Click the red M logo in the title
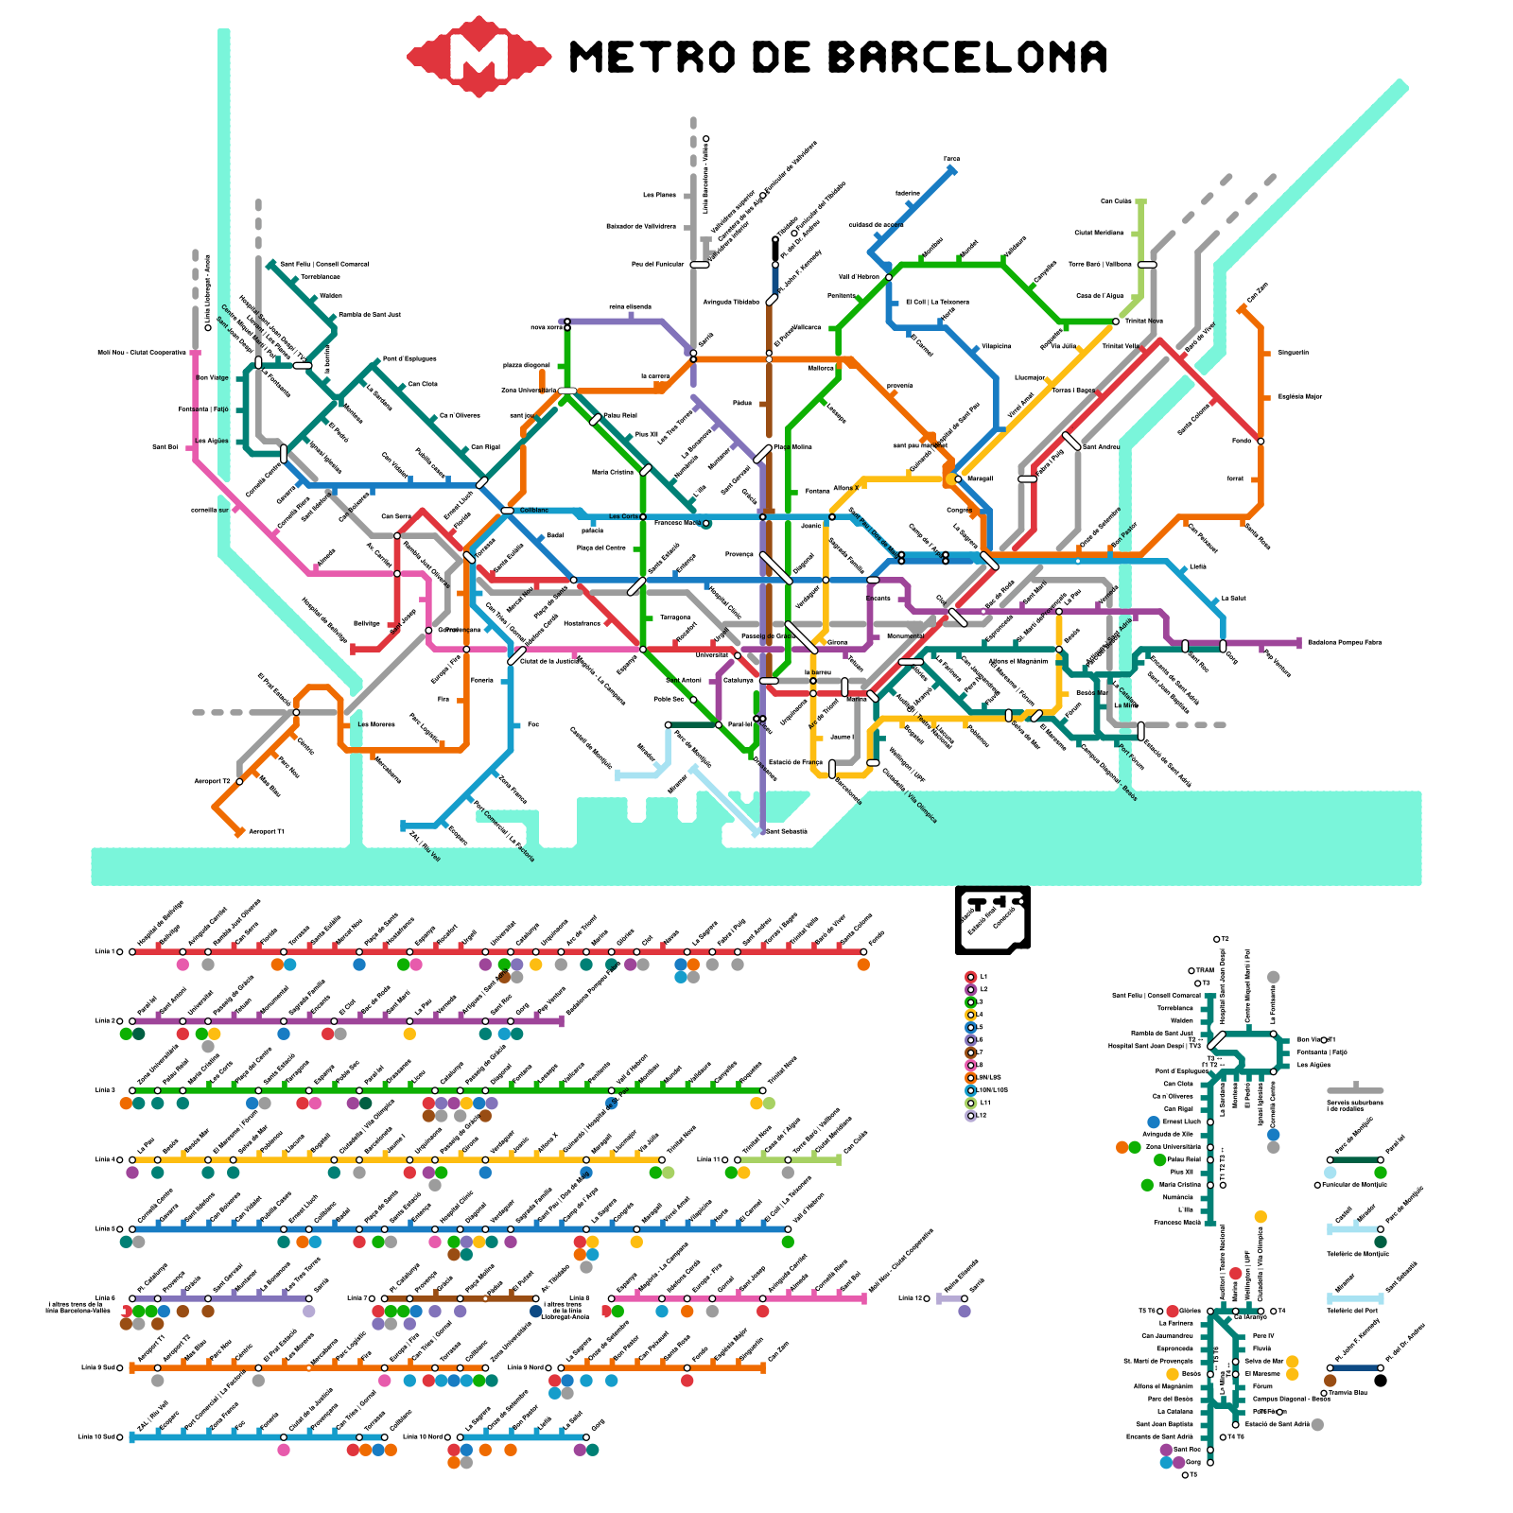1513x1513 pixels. pyautogui.click(x=478, y=57)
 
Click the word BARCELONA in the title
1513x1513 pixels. pyautogui.click(x=967, y=58)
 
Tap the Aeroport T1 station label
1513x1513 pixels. pyautogui.click(x=266, y=832)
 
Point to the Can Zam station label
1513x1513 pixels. pyautogui.click(x=1258, y=293)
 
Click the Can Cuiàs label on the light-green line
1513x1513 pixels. pyautogui.click(x=1116, y=201)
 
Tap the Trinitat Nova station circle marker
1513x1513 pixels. pyautogui.click(x=1116, y=322)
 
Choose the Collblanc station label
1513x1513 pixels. pyautogui.click(x=533, y=511)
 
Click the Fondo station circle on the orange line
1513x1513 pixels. pyautogui.click(x=1261, y=441)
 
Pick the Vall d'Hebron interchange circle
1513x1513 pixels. pyautogui.click(x=889, y=277)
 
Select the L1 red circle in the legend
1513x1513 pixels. pyautogui.click(x=970, y=977)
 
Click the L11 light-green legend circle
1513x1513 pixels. pyautogui.click(x=970, y=1103)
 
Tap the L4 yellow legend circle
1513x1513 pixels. pyautogui.click(x=970, y=1015)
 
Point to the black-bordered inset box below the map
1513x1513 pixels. pyautogui.click(x=992, y=918)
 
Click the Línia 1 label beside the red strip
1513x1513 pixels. pyautogui.click(x=104, y=951)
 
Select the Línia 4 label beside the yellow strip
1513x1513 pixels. pyautogui.click(x=104, y=1159)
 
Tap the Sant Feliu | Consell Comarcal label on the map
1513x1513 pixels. pyautogui.click(x=324, y=265)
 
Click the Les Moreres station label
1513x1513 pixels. pyautogui.click(x=376, y=725)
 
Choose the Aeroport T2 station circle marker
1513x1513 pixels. pyautogui.click(x=239, y=782)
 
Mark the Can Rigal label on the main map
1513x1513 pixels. pyautogui.click(x=485, y=447)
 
